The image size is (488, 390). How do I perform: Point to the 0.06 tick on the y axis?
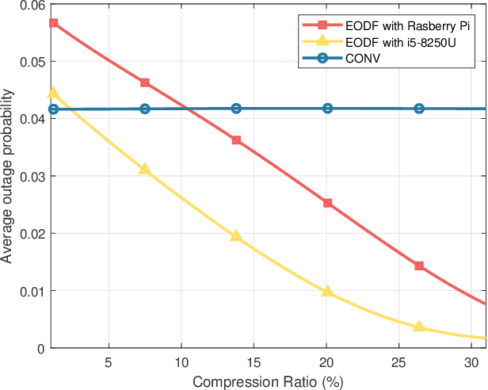(33, 5)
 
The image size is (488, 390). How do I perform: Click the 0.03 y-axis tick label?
(33, 176)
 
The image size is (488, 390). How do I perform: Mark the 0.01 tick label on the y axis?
(33, 291)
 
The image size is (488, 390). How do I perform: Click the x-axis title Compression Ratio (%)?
(268, 381)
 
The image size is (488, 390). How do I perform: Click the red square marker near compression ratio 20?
(328, 203)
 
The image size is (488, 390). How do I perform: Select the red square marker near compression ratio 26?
(419, 266)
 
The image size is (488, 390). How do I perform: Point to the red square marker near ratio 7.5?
(145, 82)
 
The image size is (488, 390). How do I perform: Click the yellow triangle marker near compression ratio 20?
(328, 291)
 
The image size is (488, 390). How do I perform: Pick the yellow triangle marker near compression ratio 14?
(236, 236)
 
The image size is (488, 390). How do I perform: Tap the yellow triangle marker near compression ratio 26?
(419, 326)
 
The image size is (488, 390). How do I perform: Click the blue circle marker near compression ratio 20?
(328, 108)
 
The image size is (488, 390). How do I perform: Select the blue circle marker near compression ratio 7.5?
(145, 109)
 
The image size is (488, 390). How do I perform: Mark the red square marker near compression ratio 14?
(236, 140)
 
